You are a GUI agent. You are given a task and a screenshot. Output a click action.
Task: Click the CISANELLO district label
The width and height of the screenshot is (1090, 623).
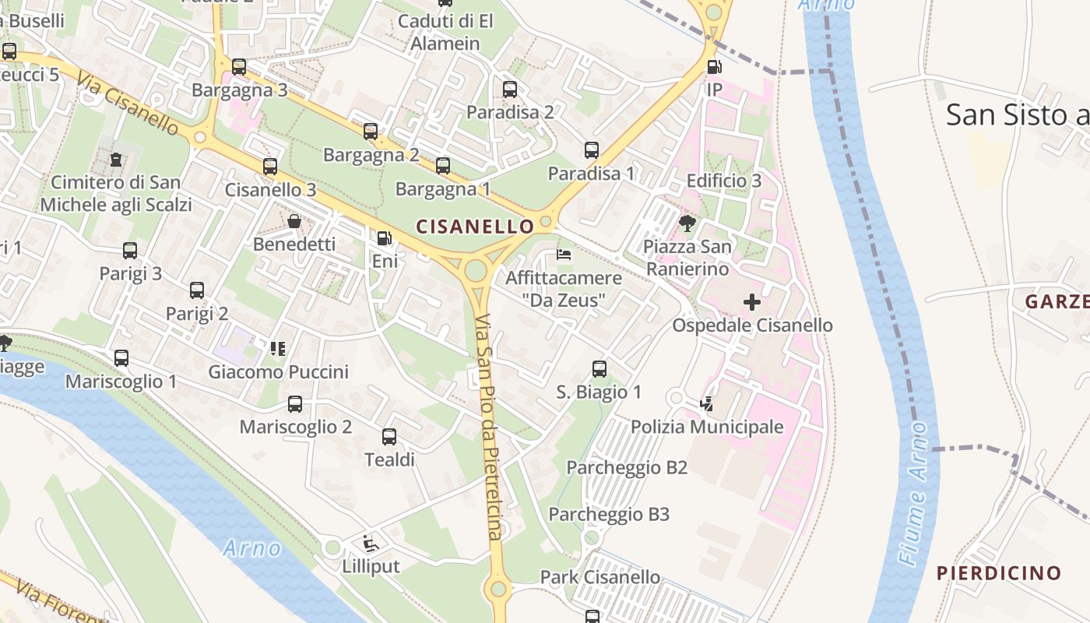pos(475,227)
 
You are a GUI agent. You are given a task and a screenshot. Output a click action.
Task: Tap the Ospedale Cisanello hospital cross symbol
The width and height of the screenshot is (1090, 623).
pos(752,302)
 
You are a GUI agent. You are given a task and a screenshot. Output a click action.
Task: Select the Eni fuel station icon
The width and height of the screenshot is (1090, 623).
pos(384,238)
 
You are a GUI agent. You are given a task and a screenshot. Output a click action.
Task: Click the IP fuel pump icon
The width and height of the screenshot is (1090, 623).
pos(714,67)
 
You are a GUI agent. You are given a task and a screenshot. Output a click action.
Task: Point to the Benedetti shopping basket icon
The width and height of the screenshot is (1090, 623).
pos(294,221)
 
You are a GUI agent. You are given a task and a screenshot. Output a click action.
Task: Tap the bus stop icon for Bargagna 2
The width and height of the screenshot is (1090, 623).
pos(371,132)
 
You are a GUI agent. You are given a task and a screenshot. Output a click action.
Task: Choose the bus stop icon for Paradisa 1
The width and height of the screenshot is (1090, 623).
pos(592,150)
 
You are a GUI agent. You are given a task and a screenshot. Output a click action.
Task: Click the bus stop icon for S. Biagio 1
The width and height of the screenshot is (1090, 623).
pos(599,369)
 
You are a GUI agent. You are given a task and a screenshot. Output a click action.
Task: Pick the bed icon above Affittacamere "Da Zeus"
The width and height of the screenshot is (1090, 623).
pos(564,255)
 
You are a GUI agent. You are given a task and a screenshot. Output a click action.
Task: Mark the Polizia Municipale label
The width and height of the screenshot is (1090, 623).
pos(706,427)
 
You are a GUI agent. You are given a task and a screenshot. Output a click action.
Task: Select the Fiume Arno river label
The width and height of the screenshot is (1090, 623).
pos(912,494)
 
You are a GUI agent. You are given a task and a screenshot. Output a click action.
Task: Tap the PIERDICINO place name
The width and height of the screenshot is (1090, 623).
pos(999,574)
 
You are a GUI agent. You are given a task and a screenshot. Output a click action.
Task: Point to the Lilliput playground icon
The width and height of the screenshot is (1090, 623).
pos(371,544)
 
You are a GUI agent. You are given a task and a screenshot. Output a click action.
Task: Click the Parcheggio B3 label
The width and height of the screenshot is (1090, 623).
pos(609,515)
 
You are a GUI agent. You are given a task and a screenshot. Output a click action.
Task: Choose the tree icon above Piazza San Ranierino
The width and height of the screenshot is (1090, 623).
pos(687,224)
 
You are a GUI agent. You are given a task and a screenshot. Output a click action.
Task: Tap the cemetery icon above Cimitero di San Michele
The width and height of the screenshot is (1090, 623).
pos(116,160)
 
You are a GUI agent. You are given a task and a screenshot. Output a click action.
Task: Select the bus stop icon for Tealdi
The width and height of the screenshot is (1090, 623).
pos(389,437)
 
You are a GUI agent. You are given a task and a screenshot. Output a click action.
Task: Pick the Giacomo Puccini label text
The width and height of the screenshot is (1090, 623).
pos(278,372)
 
